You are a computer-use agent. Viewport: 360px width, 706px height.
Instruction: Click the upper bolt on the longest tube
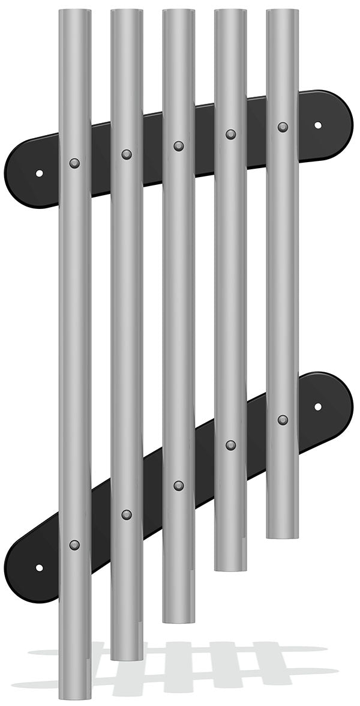coord(74,163)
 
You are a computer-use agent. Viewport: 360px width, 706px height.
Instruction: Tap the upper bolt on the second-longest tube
coord(127,154)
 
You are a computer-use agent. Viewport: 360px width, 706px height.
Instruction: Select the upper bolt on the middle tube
coord(179,146)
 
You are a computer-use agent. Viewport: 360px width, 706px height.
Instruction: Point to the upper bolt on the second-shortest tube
coord(230,134)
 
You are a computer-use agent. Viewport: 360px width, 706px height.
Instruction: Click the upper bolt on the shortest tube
coord(283,127)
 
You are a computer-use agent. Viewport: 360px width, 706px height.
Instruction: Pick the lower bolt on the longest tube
coord(74,545)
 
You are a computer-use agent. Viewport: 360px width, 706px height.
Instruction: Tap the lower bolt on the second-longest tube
coord(127,514)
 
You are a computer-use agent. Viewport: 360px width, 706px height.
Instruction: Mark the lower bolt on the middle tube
coord(179,485)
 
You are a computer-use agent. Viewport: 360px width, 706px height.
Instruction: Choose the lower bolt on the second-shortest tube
coord(230,445)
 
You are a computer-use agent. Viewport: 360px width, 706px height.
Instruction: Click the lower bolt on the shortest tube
coord(283,420)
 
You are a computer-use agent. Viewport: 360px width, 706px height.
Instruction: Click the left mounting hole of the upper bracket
coord(39,173)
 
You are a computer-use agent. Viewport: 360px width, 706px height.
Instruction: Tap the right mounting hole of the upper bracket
coord(318,125)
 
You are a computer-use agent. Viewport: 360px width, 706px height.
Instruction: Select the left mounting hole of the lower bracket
coord(39,567)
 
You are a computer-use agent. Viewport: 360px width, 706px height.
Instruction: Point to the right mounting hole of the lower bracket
coord(318,406)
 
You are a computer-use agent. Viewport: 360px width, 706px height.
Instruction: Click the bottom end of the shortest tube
coord(283,536)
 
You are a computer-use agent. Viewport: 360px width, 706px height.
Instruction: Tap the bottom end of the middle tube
coord(179,620)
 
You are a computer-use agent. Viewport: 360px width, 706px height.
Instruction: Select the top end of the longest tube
coord(75,12)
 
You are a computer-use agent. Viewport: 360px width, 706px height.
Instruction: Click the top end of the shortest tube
coord(283,12)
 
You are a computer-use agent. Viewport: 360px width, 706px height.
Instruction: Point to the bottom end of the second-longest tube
coord(127,657)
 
